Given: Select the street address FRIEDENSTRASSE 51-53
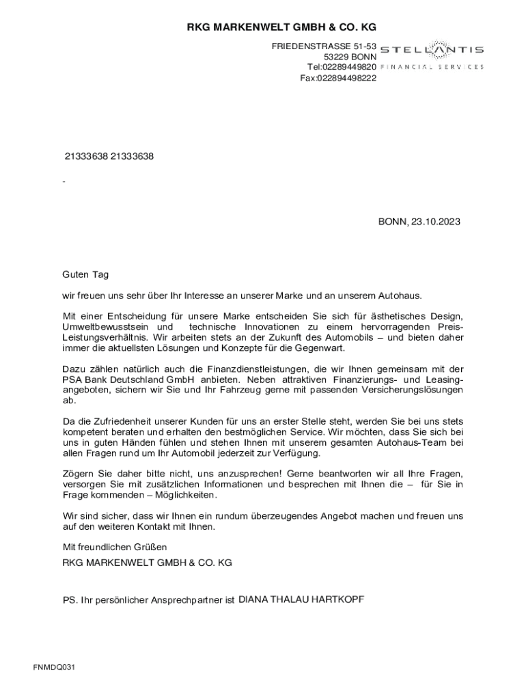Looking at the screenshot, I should pos(324,46).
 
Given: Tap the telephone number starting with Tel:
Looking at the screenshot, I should pos(342,67).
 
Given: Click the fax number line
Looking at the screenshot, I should pos(338,78).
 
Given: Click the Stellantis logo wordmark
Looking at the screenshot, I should pos(431,50).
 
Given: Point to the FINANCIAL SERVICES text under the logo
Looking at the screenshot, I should pos(431,67).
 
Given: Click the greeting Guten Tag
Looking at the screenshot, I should pos(85,274).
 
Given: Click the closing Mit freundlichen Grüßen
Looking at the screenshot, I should pos(115,547).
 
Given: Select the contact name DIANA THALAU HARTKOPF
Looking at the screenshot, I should pos(301,599).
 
